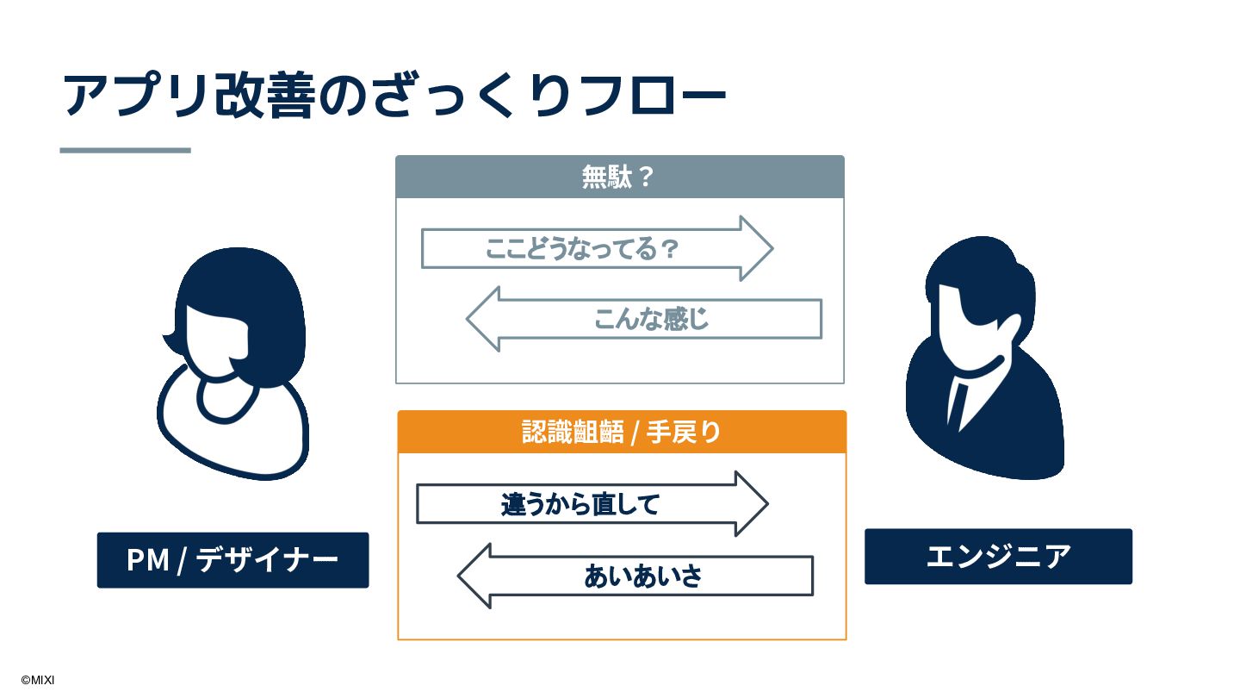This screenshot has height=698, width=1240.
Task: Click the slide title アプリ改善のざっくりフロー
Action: [394, 95]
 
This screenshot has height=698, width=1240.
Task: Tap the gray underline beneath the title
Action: [125, 150]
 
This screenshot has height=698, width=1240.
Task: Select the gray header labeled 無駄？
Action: [619, 178]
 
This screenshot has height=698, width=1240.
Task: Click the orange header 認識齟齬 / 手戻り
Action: [621, 432]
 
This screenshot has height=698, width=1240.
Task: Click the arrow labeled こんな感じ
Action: [652, 319]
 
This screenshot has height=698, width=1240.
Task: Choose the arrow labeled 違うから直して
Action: [580, 504]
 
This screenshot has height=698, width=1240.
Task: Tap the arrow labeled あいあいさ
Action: [643, 576]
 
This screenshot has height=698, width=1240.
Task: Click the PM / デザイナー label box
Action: [232, 560]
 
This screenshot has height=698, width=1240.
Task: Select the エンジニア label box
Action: [998, 557]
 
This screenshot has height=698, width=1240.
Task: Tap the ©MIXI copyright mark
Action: [37, 680]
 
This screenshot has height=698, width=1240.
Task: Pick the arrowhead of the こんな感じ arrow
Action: [485, 319]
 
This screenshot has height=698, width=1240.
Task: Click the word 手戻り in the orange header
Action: [683, 432]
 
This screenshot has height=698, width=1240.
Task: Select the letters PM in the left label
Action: [147, 560]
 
